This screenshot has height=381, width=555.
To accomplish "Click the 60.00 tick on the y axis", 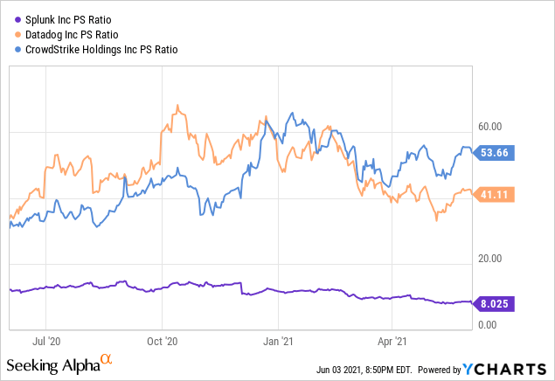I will point(489,126).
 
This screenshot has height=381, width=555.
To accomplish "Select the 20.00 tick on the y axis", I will point(489,259).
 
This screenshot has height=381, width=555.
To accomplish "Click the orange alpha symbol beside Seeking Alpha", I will point(106,360).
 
